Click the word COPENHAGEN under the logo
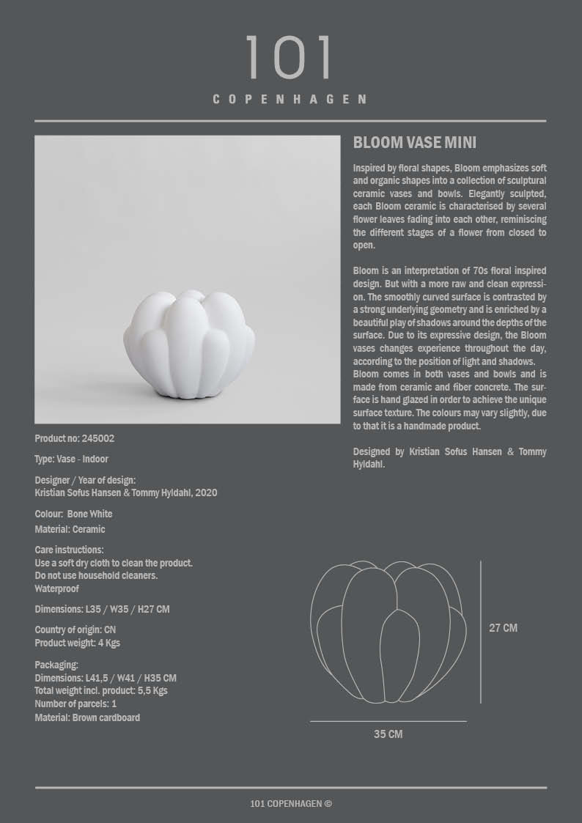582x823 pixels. tap(290, 99)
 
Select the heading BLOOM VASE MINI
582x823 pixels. tap(415, 143)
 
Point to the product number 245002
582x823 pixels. tap(99, 438)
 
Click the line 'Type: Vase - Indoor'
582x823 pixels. tap(71, 459)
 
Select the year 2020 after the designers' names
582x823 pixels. tap(205, 493)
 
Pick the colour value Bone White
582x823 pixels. tap(89, 514)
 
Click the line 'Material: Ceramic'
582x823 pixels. tap(70, 529)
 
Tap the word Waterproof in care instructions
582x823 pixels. tap(57, 588)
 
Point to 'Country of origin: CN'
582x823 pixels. tap(75, 630)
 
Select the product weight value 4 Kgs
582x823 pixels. tap(108, 643)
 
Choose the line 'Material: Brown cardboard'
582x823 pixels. tap(87, 717)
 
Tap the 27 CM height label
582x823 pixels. tap(503, 628)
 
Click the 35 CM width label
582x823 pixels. tap(388, 734)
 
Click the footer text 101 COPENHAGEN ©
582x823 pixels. tap(291, 804)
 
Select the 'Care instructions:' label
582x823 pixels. tap(69, 550)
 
